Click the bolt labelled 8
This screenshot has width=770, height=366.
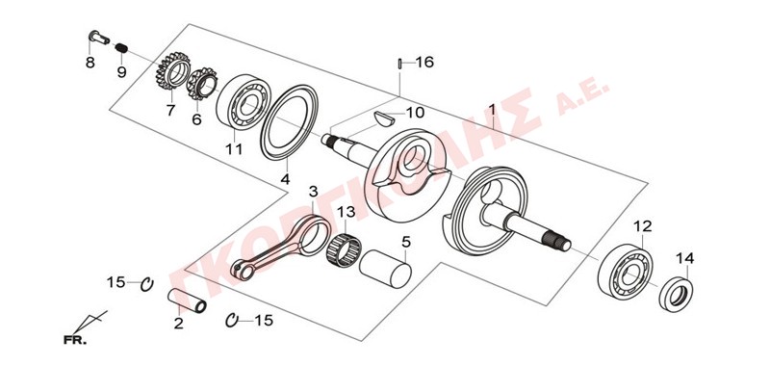[99, 38]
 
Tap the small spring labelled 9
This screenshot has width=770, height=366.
[122, 48]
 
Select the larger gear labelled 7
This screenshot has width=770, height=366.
[173, 70]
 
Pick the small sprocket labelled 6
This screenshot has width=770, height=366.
[202, 84]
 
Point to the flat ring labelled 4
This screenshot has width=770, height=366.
[290, 121]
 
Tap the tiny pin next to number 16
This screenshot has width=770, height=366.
[400, 64]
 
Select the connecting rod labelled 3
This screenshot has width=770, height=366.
[282, 245]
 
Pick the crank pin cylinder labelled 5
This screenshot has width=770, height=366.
[385, 268]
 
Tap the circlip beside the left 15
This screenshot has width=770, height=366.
[147, 284]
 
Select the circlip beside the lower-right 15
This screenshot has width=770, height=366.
[231, 320]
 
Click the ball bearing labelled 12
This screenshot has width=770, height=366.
[625, 271]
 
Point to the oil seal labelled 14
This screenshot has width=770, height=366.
[676, 295]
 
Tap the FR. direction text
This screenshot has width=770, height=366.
[75, 339]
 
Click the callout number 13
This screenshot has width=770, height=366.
[346, 214]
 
